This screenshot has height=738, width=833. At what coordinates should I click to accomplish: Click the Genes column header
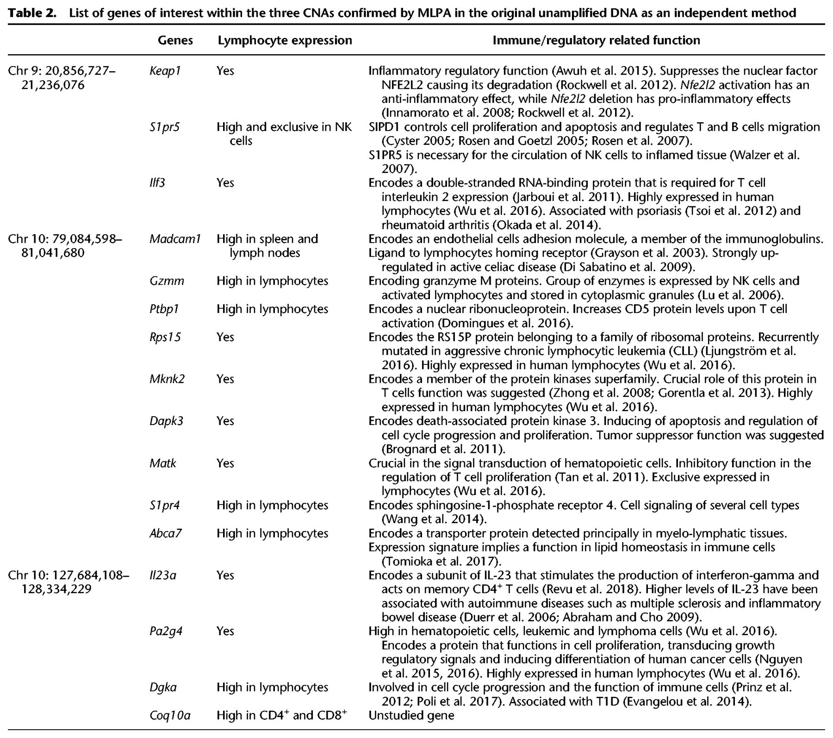tap(175, 41)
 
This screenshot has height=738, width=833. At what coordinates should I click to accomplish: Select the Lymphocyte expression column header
tap(285, 41)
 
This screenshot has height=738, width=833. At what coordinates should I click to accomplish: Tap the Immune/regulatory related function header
tap(596, 41)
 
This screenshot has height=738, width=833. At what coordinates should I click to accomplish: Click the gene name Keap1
tap(165, 71)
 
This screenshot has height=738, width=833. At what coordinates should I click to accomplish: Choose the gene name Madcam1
tap(175, 239)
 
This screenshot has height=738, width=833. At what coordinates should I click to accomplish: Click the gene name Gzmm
tap(167, 281)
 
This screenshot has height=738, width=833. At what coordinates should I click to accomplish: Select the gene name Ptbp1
tap(164, 309)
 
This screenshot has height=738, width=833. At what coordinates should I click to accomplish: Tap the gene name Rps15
tap(165, 337)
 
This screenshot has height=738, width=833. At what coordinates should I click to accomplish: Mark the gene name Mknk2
tap(167, 379)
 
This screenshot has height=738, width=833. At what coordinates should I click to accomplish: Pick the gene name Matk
tap(162, 463)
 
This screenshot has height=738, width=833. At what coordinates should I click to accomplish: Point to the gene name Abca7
tap(165, 533)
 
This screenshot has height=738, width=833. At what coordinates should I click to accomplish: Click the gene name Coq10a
tap(170, 716)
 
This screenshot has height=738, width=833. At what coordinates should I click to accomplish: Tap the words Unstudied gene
tap(411, 716)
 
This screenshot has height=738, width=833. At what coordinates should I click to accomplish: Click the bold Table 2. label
tap(33, 13)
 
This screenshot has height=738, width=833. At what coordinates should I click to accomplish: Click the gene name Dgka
tap(163, 688)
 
